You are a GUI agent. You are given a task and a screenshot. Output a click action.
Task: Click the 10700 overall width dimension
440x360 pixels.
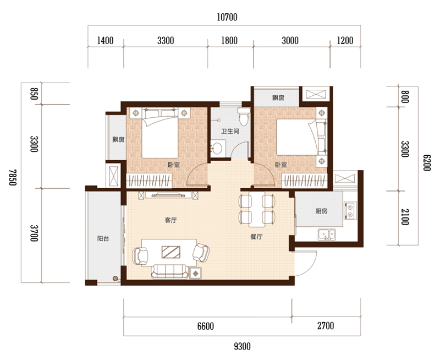(227, 18)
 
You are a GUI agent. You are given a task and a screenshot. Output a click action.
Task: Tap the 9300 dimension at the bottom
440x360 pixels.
(242, 347)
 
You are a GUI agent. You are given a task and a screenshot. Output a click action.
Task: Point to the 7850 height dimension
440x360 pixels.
(13, 177)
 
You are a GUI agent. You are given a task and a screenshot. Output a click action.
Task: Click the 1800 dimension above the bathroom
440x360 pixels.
(229, 41)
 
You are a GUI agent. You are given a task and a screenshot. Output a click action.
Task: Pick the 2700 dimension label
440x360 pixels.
(326, 326)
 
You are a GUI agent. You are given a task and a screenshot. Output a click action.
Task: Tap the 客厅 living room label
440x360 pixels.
(170, 220)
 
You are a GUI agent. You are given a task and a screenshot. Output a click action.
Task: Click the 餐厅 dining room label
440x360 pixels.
(256, 237)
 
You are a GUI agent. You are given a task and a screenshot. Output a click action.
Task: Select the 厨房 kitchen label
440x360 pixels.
(321, 211)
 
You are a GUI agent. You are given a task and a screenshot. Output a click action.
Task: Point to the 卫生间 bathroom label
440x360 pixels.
(230, 131)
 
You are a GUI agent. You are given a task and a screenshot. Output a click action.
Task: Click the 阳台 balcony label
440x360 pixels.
(103, 239)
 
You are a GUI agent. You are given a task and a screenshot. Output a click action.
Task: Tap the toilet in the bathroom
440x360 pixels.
(243, 117)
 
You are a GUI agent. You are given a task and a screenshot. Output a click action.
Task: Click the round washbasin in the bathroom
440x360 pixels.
(217, 148)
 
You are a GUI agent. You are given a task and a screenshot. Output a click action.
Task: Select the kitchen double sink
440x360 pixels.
(326, 234)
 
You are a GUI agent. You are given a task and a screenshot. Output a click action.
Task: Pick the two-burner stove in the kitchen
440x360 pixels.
(350, 211)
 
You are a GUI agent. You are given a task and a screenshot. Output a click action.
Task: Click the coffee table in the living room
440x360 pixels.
(171, 252)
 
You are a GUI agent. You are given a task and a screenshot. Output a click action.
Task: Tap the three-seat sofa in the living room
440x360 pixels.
(170, 271)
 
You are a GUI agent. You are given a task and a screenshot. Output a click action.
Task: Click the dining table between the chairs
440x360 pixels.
(256, 209)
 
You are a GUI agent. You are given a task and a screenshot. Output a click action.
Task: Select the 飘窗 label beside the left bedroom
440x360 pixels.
(118, 139)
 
